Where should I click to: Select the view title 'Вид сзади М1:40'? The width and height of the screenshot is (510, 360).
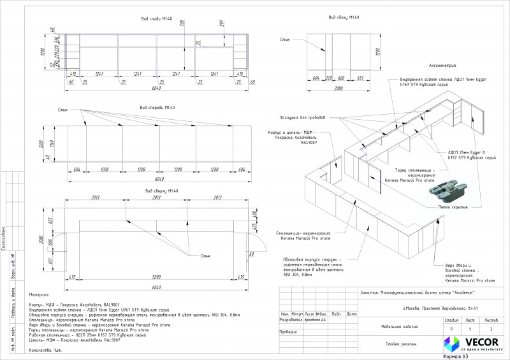click(157, 19)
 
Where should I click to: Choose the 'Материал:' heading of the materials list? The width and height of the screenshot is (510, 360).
click(39, 296)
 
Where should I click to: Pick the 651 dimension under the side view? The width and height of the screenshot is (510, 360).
click(360, 78)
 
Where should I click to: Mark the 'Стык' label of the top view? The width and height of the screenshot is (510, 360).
click(205, 256)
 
